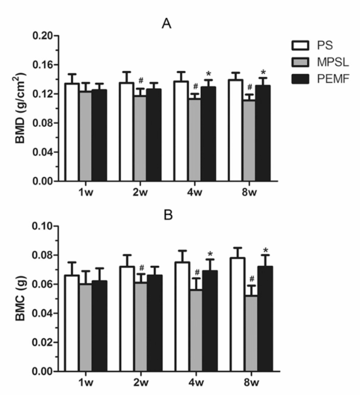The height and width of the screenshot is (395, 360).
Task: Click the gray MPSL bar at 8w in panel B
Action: pos(250,333)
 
